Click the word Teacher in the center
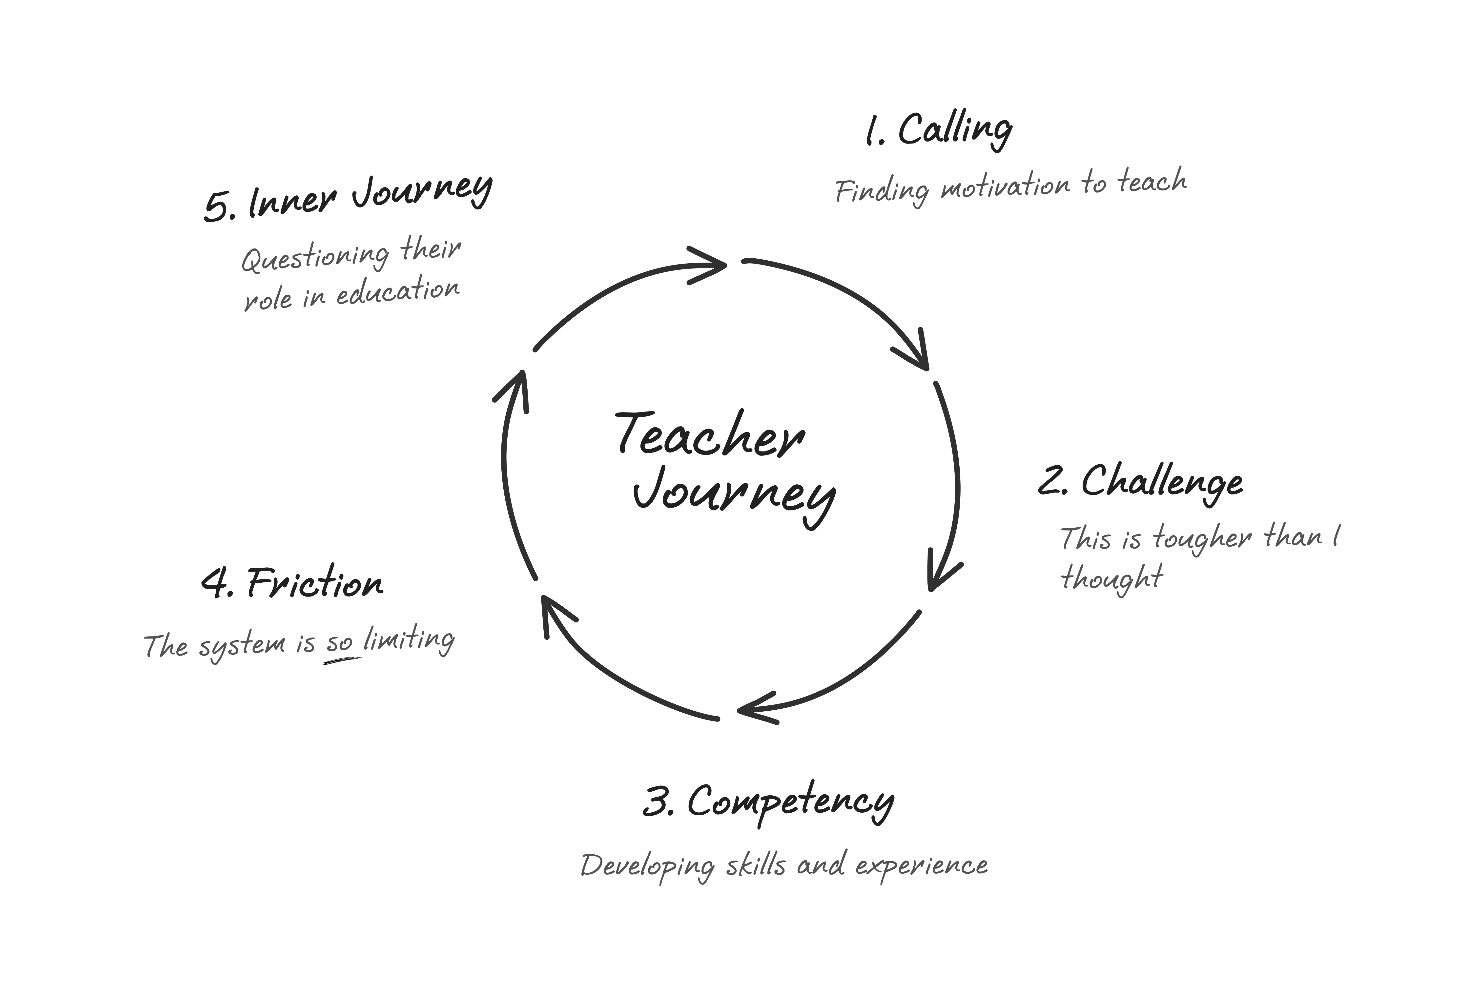[x=710, y=436]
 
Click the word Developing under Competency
[x=648, y=866]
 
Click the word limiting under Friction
[x=410, y=640]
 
